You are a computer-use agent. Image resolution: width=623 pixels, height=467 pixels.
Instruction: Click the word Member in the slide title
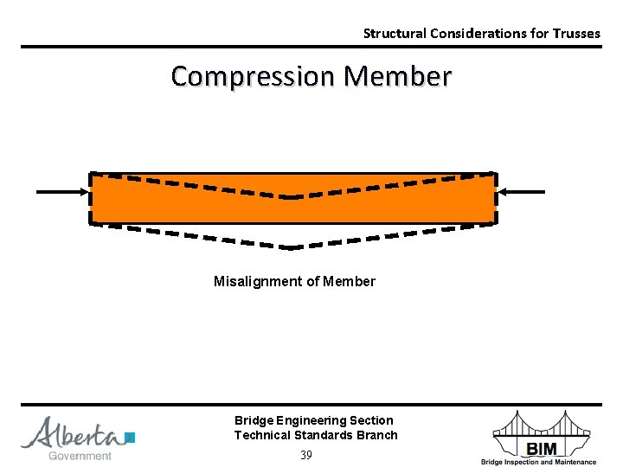point(397,76)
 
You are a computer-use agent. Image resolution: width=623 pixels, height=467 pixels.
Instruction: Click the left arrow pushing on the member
point(62,191)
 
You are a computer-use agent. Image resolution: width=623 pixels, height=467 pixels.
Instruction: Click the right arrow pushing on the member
point(523,191)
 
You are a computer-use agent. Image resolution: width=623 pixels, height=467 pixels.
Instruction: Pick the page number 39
point(305,455)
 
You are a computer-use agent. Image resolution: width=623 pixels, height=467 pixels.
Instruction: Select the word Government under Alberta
point(80,456)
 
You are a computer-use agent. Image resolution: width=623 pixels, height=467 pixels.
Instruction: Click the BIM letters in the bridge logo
point(541,447)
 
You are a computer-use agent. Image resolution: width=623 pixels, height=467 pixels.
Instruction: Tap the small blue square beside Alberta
point(130,438)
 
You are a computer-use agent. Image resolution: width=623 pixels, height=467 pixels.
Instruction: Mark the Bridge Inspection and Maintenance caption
point(538,462)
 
